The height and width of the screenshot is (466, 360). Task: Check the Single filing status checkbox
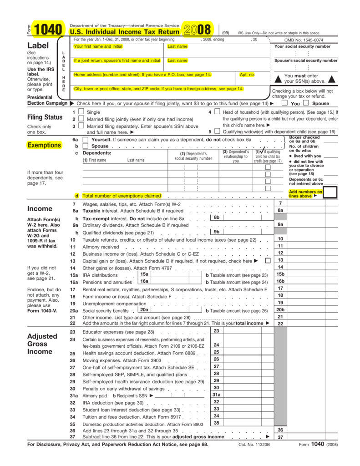coord(81,111)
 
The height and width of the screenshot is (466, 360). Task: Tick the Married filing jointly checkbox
coord(81,119)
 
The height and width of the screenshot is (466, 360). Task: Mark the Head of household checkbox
coord(217,111)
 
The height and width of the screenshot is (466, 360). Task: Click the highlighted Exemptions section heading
coord(44,145)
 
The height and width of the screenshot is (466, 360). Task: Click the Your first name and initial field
coord(98,46)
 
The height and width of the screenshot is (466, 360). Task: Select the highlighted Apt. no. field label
coord(247,75)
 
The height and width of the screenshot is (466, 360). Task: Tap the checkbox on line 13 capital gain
coord(268,260)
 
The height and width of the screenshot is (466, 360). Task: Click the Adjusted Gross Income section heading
coord(42,344)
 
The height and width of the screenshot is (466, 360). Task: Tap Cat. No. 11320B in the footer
coord(254,444)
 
